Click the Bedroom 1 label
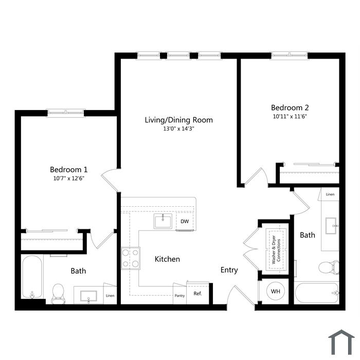(68, 170)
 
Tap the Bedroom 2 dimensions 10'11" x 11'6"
(290, 116)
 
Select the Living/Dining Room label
(178, 120)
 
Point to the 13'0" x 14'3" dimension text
(178, 129)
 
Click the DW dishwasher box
(185, 221)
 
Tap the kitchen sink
(163, 221)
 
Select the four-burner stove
(131, 258)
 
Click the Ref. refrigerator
(197, 294)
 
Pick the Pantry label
(179, 296)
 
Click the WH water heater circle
(276, 292)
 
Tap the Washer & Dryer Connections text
(276, 249)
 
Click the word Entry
(229, 270)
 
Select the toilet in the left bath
(58, 294)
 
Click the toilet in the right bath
(329, 267)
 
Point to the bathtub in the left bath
(32, 277)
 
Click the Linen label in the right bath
(330, 194)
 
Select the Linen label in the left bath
(110, 296)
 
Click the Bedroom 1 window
(66, 113)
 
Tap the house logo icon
(341, 343)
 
